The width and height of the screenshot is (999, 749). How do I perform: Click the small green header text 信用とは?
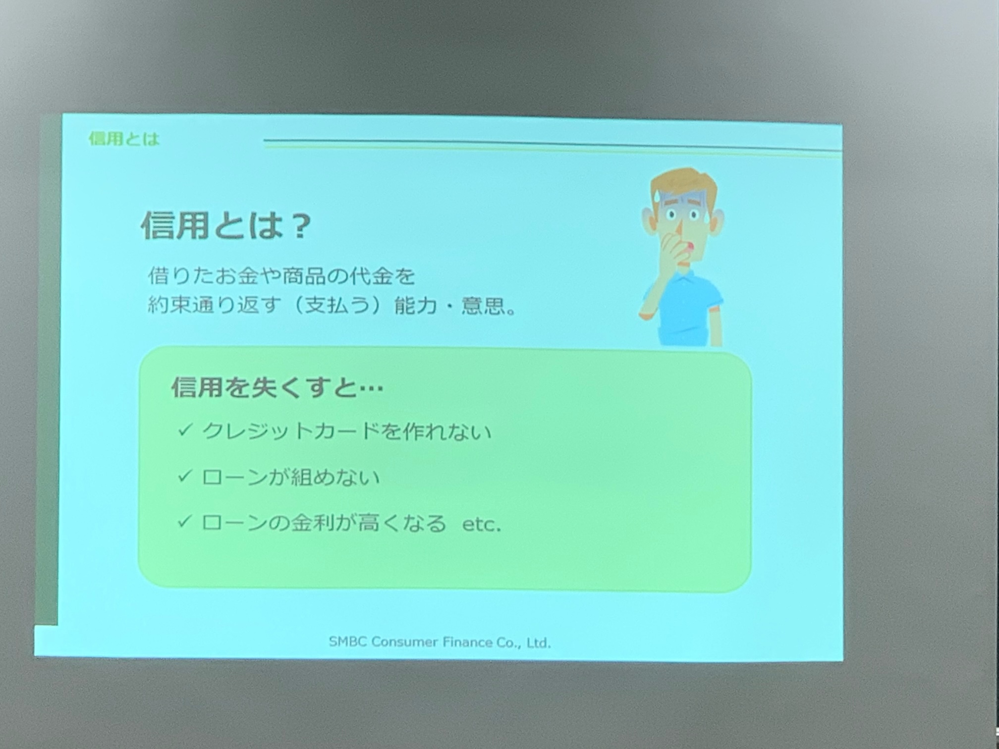(x=124, y=139)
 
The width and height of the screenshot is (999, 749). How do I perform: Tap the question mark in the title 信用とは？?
(x=299, y=226)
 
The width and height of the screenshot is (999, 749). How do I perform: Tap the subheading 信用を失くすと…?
(x=277, y=387)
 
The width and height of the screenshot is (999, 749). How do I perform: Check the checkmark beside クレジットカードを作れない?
(x=185, y=429)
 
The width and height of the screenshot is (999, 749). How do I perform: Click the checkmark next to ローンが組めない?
(x=184, y=476)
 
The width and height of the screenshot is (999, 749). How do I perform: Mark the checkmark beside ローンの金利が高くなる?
(x=184, y=521)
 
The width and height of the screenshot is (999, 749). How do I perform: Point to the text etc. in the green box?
(x=482, y=525)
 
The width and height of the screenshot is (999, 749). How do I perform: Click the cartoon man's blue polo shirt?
(x=684, y=307)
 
